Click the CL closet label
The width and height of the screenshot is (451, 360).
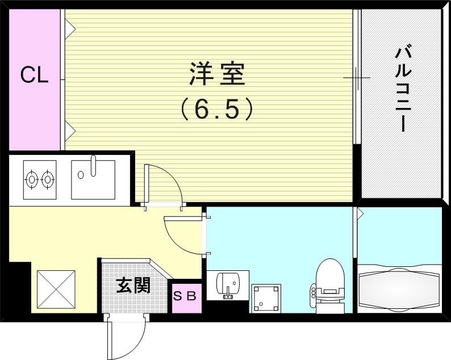click(34, 76)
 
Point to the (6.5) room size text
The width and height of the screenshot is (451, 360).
click(216, 108)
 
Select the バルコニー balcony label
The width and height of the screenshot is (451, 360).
click(402, 90)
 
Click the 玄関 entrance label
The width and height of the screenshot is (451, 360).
click(133, 286)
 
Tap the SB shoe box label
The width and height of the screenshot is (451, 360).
click(185, 296)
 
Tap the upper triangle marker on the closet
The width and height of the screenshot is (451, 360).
click(69, 26)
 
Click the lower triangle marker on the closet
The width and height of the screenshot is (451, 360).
click(69, 131)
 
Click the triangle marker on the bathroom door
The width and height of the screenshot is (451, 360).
click(360, 214)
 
